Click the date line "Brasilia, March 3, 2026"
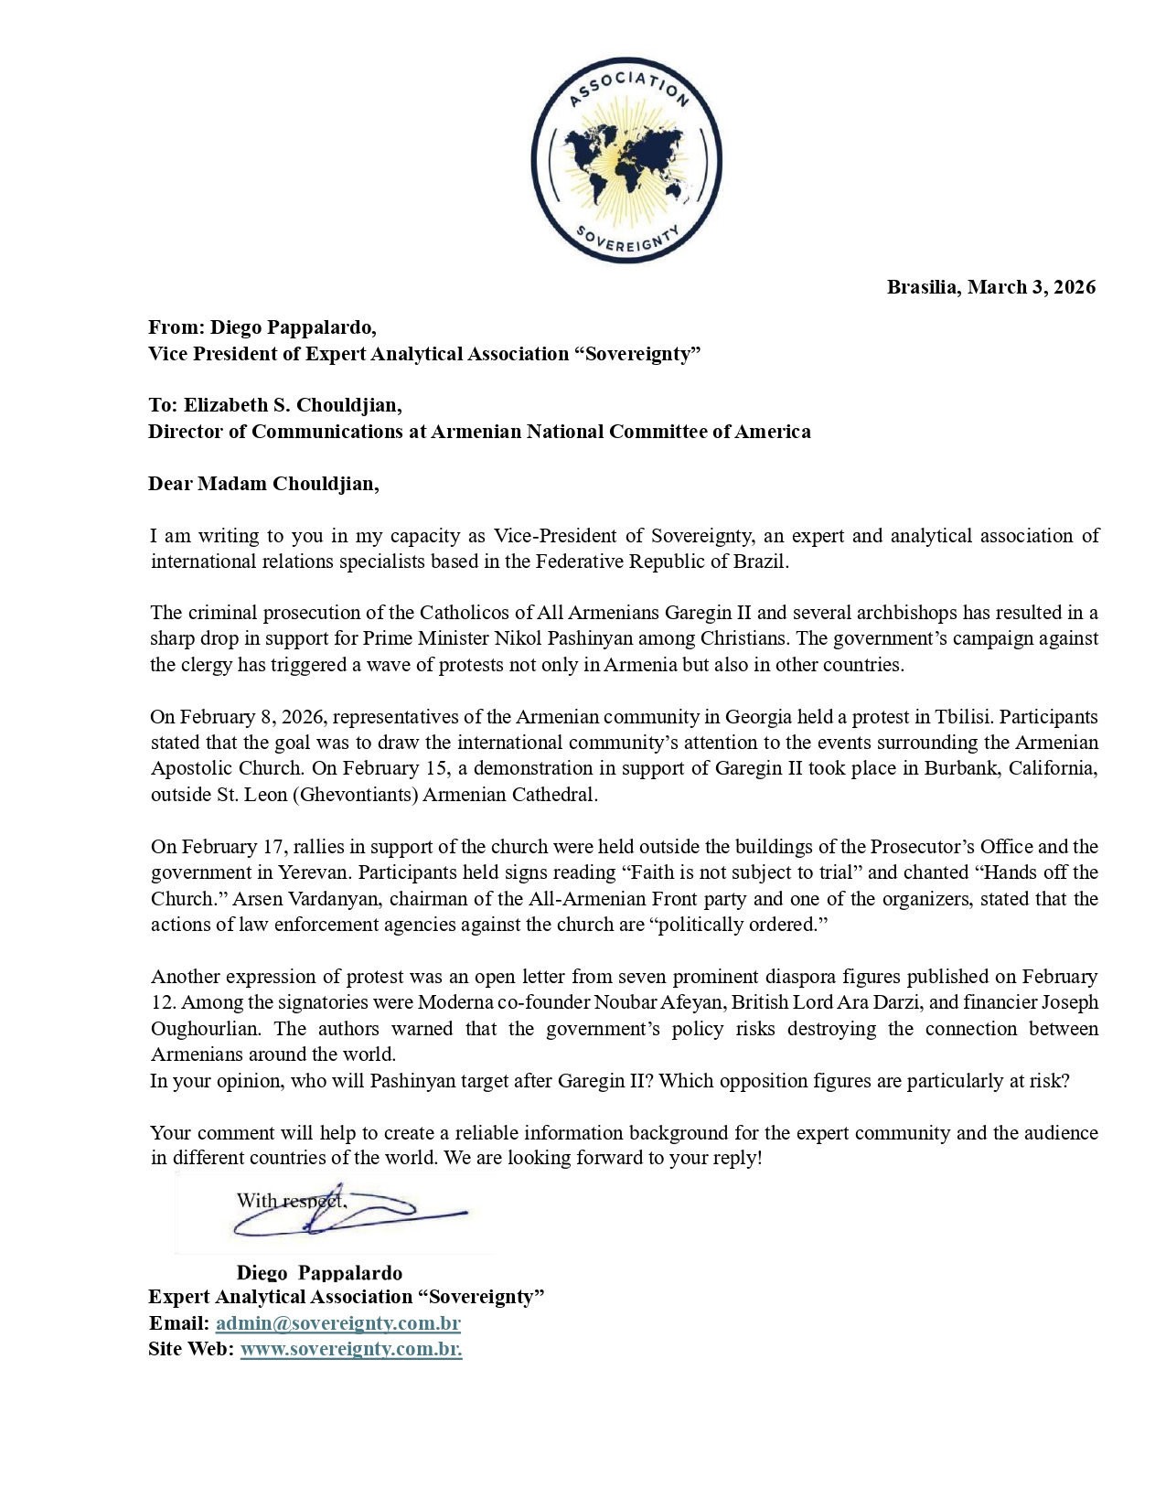[x=990, y=287]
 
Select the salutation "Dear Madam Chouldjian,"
[x=263, y=484]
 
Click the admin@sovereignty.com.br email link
[x=337, y=1323]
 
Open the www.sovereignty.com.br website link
[x=350, y=1349]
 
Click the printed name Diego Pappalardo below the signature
[x=319, y=1272]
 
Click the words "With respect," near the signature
[x=292, y=1201]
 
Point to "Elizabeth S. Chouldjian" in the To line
[x=292, y=405]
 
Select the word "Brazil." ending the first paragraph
[x=761, y=562]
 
